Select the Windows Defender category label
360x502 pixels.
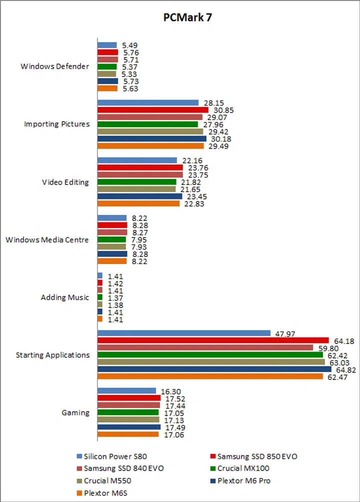coord(55,66)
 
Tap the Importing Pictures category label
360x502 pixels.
coord(57,124)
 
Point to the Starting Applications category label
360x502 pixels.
coord(52,355)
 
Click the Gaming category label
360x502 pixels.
coord(75,413)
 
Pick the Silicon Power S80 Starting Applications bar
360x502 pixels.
coord(183,333)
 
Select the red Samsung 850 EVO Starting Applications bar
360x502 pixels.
coord(212,340)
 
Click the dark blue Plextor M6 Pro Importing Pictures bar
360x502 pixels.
coord(151,138)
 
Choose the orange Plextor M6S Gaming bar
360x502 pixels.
coord(127,434)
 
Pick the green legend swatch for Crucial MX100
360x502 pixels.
coord(212,468)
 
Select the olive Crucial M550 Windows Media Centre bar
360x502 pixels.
coord(111,247)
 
